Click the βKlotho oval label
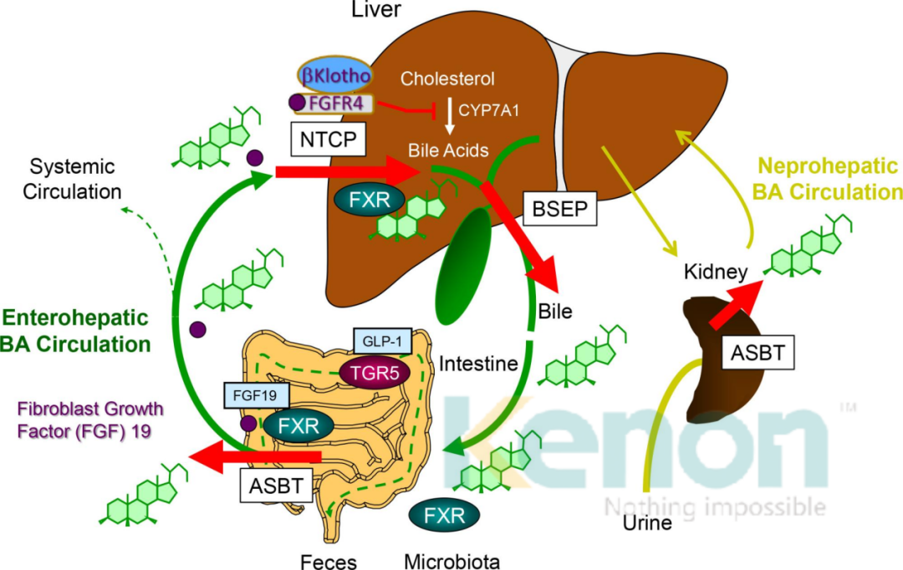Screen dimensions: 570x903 (338, 74)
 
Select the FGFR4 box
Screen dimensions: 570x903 (336, 104)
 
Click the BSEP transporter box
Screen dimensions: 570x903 (559, 208)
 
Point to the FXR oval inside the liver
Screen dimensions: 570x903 (369, 201)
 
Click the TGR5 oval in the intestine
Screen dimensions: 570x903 (374, 373)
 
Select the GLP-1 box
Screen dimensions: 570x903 (382, 341)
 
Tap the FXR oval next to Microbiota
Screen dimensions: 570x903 (444, 513)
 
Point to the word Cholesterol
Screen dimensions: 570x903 (447, 79)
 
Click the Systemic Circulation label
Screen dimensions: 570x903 (70, 178)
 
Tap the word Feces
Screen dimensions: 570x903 (329, 561)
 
